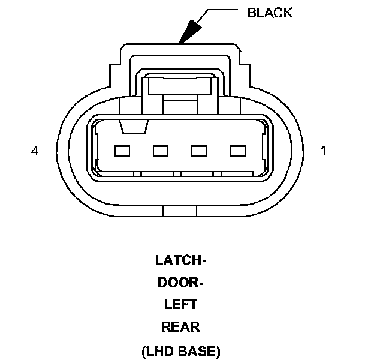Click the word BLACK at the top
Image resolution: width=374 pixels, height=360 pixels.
(270, 13)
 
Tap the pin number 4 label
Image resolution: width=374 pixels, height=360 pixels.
(35, 151)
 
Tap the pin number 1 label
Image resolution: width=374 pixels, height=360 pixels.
(324, 151)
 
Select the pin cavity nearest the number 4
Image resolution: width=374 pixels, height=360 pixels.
(122, 151)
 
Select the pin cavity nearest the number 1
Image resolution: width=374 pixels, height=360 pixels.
(239, 151)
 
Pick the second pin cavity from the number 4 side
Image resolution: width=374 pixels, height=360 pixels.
(161, 151)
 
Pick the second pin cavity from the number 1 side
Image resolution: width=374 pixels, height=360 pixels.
(200, 151)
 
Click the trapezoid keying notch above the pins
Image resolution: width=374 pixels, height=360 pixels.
(132, 127)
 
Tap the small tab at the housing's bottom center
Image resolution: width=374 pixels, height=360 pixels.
(180, 210)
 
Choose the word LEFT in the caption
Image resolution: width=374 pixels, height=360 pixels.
(180, 305)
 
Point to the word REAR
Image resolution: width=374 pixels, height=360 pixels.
(180, 327)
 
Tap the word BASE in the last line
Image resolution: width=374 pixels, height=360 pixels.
(199, 350)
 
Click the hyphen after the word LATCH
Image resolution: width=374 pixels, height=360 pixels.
(203, 262)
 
